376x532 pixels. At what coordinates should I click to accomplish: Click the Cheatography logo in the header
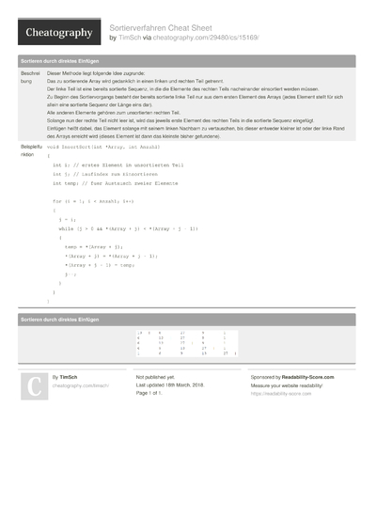58,33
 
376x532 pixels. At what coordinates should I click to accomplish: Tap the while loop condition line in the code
128,228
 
